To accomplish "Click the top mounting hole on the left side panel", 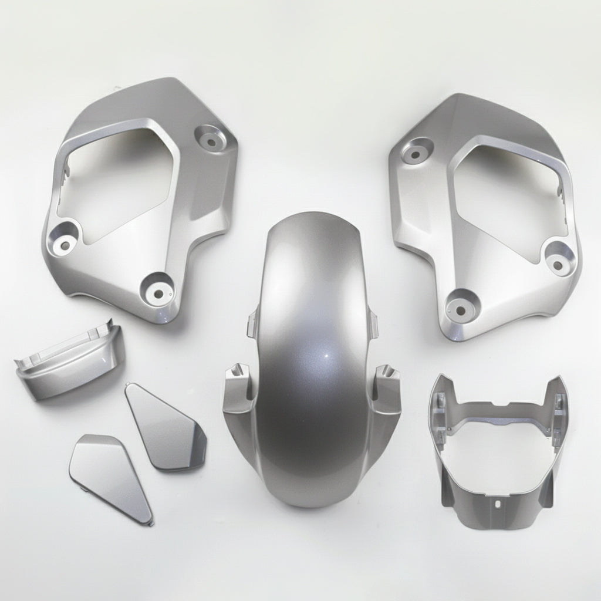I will point(210,138).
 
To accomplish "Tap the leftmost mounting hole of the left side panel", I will point(61,242).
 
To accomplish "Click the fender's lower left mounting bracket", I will point(238,381).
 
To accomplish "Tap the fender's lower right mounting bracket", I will point(386,381).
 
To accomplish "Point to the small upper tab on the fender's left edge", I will point(252,323).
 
